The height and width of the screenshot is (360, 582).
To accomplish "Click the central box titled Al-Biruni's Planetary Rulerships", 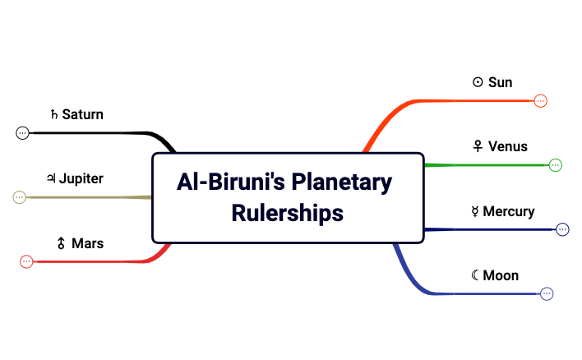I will pyautogui.click(x=288, y=197).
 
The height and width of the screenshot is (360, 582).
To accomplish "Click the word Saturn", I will pyautogui.click(x=83, y=114).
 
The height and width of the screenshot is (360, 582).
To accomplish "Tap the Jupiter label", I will pyautogui.click(x=81, y=178).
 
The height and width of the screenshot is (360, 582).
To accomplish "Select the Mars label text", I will pyautogui.click(x=87, y=243).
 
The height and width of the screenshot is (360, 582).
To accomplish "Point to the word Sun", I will pyautogui.click(x=500, y=82).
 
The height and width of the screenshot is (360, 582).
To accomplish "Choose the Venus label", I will pyautogui.click(x=507, y=146).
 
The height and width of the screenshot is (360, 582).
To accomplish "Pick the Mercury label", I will pyautogui.click(x=509, y=211).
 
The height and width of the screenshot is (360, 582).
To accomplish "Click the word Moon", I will pyautogui.click(x=501, y=275).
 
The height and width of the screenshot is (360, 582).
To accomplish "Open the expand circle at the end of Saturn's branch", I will pyautogui.click(x=22, y=132).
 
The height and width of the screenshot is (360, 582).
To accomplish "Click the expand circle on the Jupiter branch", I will pyautogui.click(x=20, y=197).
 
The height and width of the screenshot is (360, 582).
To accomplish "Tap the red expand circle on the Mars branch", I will pyautogui.click(x=26, y=261).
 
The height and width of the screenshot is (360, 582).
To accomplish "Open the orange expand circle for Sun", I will pyautogui.click(x=540, y=101).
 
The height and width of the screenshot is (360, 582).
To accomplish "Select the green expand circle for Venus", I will pyautogui.click(x=555, y=165).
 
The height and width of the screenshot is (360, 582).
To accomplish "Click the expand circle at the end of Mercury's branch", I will pyautogui.click(x=562, y=229).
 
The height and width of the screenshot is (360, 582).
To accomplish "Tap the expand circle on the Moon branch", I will pyautogui.click(x=547, y=293).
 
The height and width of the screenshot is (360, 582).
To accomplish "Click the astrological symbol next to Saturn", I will pyautogui.click(x=54, y=114).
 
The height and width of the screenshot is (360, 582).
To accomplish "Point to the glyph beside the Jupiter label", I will pyautogui.click(x=51, y=178).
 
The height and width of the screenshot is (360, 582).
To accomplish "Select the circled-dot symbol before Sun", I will pyautogui.click(x=478, y=82).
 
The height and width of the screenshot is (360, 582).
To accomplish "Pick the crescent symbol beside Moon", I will pyautogui.click(x=475, y=275).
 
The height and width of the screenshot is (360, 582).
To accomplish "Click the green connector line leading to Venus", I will pyautogui.click(x=485, y=165).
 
